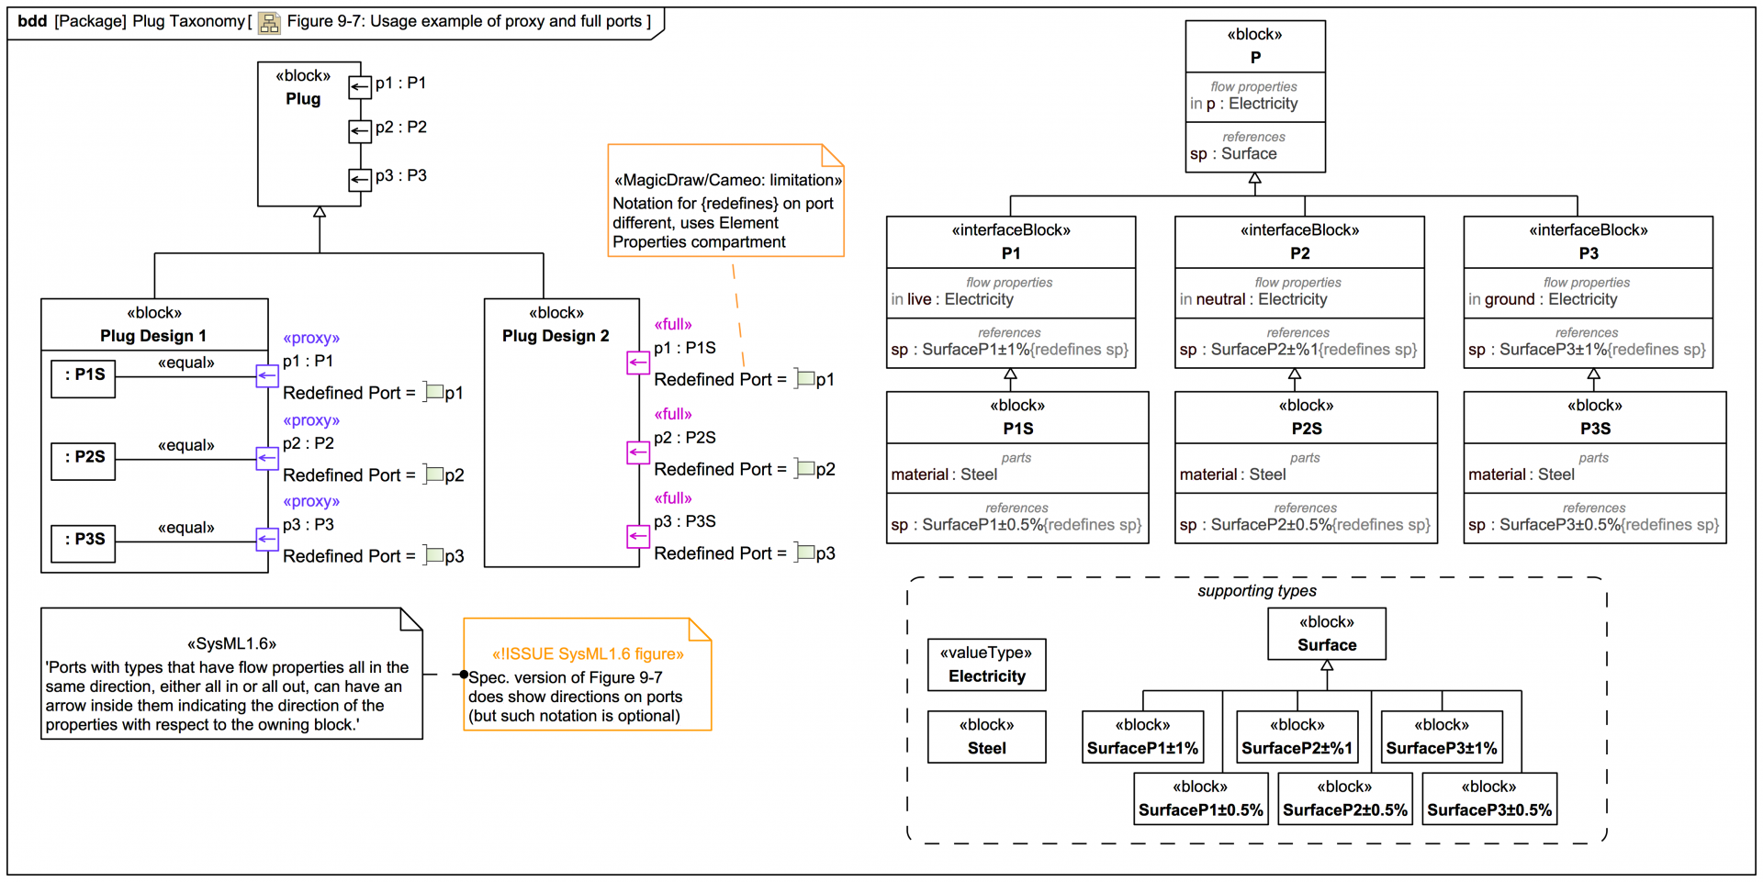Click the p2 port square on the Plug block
click(359, 131)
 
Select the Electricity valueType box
click(986, 665)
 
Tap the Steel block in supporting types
click(986, 737)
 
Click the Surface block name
click(1326, 645)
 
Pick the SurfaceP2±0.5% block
click(1344, 799)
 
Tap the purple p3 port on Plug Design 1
click(266, 539)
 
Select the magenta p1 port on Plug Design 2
click(638, 363)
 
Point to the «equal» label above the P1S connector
click(185, 363)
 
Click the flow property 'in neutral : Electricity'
click(1253, 299)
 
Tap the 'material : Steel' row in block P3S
click(1521, 474)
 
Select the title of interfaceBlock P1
click(1010, 253)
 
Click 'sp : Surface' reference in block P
click(1234, 154)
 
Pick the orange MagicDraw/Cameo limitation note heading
click(727, 180)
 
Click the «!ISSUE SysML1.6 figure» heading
click(588, 653)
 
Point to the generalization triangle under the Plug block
click(320, 213)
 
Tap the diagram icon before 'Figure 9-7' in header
click(269, 22)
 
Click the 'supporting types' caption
click(1256, 591)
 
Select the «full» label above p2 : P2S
click(672, 414)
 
